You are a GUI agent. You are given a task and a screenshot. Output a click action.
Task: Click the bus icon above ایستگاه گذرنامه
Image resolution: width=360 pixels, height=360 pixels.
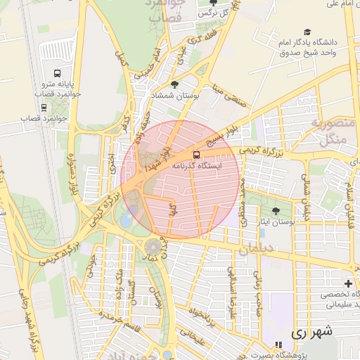[x=196, y=154]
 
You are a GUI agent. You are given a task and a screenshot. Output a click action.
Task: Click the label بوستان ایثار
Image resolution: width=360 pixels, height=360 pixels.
[x=275, y=221]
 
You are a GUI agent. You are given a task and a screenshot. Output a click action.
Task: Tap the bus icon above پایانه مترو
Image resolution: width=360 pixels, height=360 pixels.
[x=57, y=73]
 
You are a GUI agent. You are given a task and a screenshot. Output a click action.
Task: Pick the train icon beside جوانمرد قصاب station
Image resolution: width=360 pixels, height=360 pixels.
[x=44, y=108]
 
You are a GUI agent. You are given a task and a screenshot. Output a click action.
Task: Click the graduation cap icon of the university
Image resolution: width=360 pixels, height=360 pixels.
[x=307, y=32]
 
